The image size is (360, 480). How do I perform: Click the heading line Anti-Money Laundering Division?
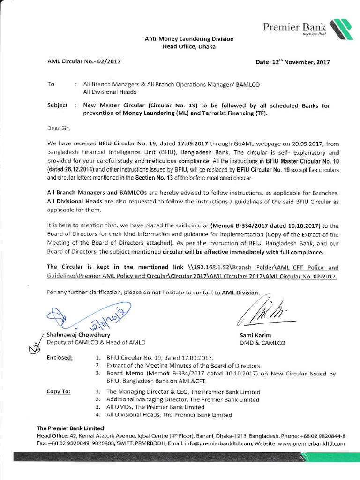[189, 39]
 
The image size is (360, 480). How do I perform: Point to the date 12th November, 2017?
[292, 62]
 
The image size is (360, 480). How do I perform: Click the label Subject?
[57, 105]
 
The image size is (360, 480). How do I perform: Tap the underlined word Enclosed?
[60, 358]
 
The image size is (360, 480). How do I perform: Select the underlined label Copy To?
[59, 391]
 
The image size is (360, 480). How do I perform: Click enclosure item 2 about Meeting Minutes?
[184, 366]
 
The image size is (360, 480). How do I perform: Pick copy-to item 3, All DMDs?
[155, 407]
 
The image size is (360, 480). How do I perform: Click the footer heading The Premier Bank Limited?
[70, 428]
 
